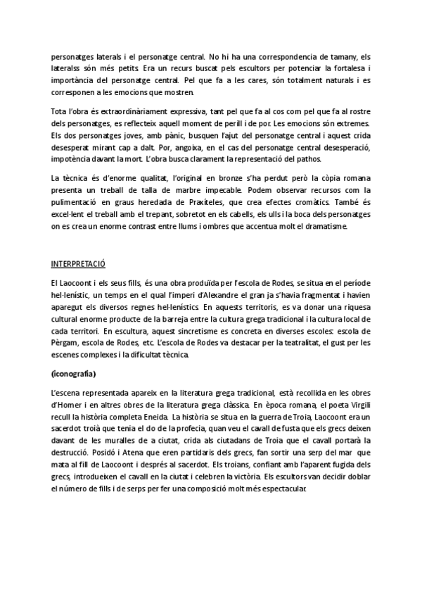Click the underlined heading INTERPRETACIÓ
78,264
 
